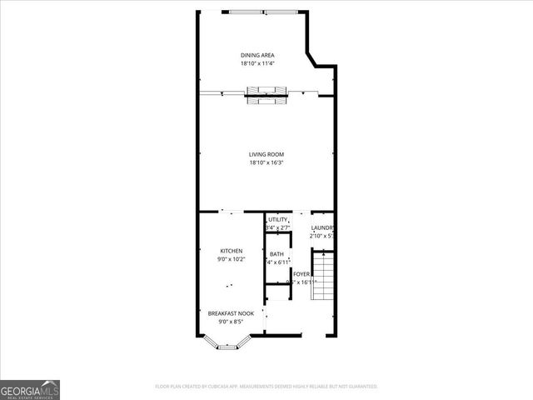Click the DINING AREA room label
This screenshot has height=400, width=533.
pyautogui.click(x=257, y=55)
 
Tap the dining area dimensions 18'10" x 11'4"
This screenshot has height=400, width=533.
pyautogui.click(x=257, y=63)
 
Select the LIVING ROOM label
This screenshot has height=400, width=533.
pyautogui.click(x=266, y=154)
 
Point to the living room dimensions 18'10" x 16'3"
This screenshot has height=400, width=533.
pyautogui.click(x=266, y=162)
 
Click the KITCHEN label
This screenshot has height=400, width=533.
pyautogui.click(x=231, y=251)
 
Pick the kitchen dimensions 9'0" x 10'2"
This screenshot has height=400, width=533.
pyautogui.click(x=231, y=259)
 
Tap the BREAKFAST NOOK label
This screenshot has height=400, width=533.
pyautogui.click(x=231, y=313)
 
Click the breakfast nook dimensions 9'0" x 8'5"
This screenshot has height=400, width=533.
pyautogui.click(x=231, y=322)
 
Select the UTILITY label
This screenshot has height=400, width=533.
pyautogui.click(x=277, y=219)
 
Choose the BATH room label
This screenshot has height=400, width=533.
pyautogui.click(x=276, y=254)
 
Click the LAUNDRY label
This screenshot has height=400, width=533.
pyautogui.click(x=322, y=227)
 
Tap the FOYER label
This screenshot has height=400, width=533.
pyautogui.click(x=301, y=273)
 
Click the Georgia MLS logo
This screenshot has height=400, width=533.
pyautogui.click(x=30, y=390)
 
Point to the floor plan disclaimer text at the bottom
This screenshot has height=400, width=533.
pyautogui.click(x=266, y=387)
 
